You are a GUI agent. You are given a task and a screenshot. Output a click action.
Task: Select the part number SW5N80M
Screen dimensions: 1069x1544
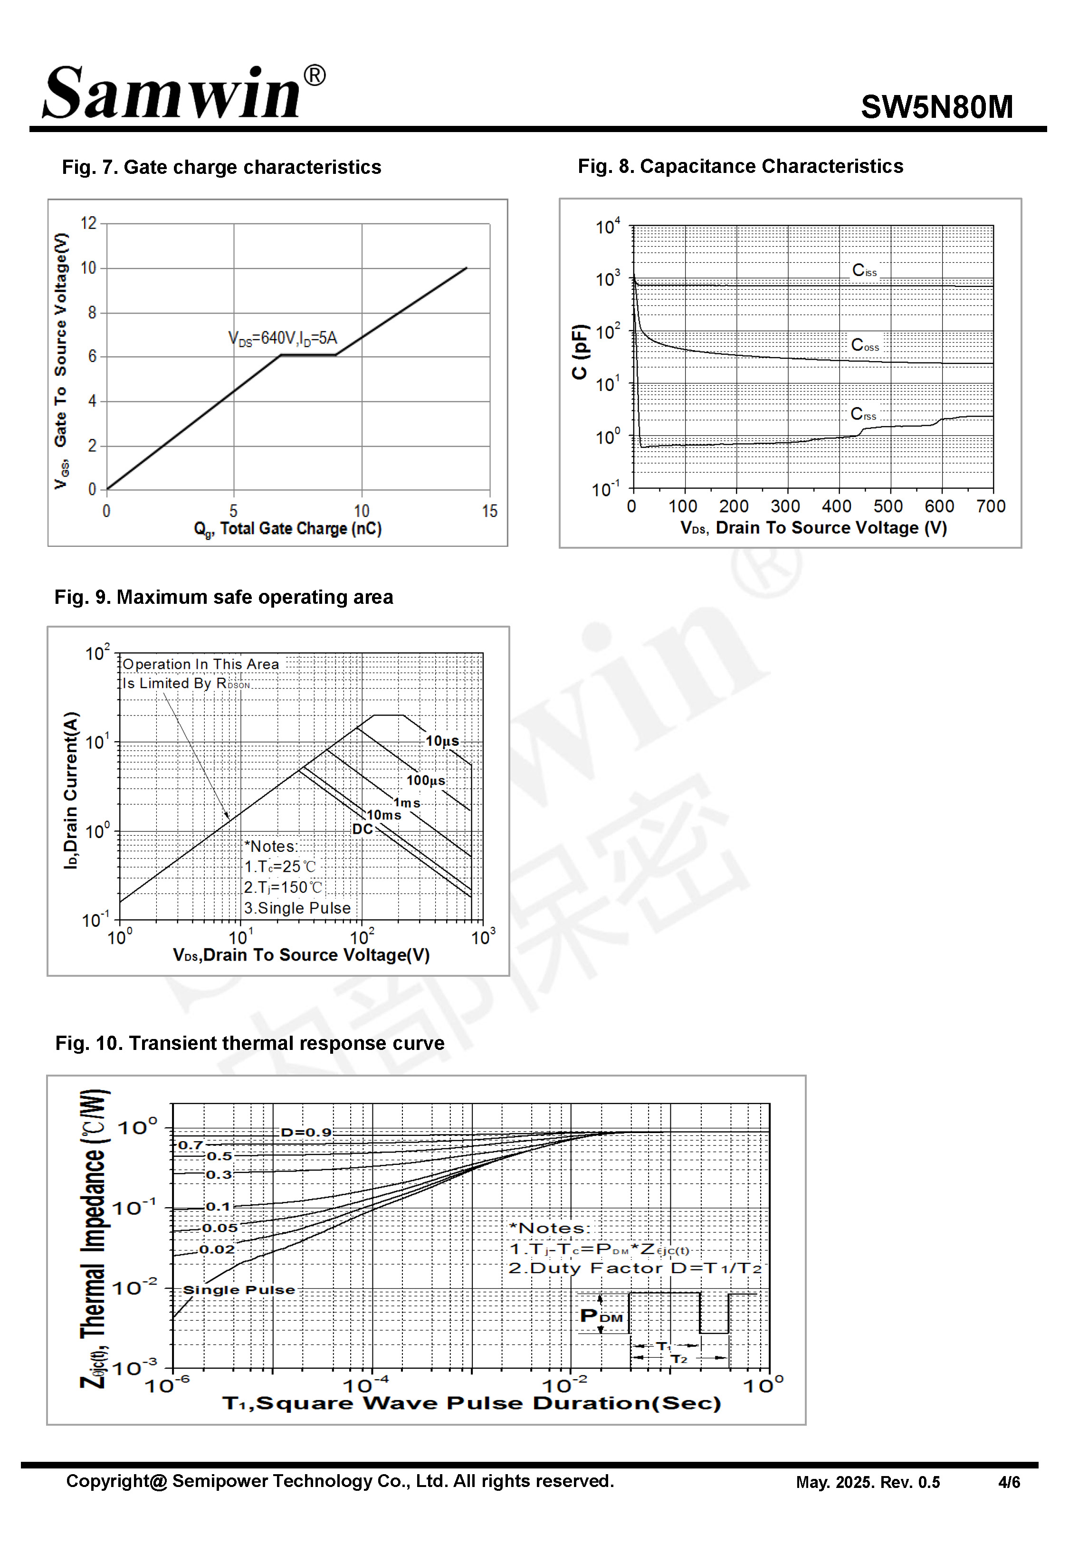[936, 107]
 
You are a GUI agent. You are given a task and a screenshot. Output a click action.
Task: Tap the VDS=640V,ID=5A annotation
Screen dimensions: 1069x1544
[283, 338]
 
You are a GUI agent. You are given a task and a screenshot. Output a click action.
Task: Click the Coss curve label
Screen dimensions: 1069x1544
[864, 345]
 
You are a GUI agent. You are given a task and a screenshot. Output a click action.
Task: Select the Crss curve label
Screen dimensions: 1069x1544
[863, 414]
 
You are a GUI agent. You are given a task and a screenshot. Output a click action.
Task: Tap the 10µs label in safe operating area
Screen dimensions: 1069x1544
[442, 741]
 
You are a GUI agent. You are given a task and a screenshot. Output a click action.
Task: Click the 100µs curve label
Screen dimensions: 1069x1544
[425, 781]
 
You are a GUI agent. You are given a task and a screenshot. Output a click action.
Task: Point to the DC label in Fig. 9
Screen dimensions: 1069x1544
[363, 829]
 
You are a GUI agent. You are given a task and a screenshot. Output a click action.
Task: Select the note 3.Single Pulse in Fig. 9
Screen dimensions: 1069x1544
[297, 908]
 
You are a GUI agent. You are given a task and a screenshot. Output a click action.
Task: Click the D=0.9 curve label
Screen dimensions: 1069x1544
[306, 1132]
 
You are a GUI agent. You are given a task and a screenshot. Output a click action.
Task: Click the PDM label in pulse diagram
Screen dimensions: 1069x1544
[601, 1316]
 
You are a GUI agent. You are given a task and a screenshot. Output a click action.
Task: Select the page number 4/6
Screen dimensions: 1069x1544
[1009, 1482]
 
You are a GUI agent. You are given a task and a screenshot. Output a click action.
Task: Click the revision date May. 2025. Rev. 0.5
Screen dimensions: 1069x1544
[868, 1482]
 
